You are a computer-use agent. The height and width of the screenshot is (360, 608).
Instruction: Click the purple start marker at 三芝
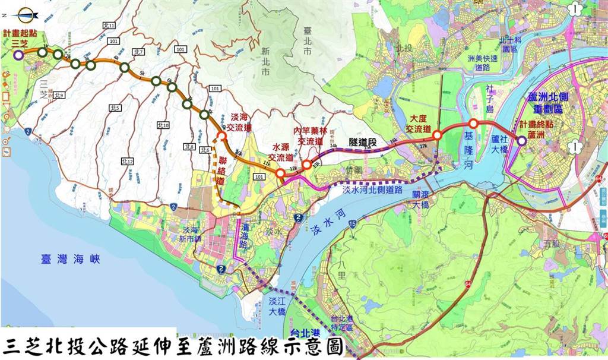(18, 55)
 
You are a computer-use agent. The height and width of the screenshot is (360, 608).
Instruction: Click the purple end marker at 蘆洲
(521, 141)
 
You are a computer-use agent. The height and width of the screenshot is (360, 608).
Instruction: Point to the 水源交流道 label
(283, 153)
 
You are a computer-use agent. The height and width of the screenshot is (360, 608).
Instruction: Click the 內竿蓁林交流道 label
(311, 136)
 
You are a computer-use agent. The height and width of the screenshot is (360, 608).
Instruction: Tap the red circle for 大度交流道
(436, 135)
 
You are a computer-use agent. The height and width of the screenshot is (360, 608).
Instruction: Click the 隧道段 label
(362, 136)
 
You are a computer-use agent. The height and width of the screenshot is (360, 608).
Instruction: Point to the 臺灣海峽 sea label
(71, 260)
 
